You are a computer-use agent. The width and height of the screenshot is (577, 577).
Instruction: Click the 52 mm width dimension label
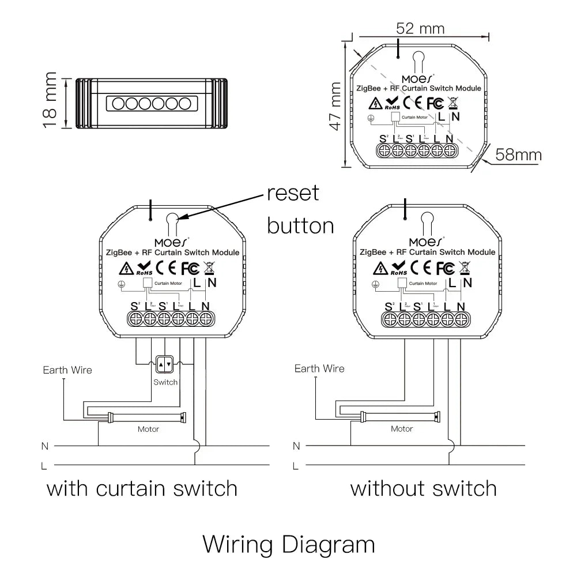click(x=420, y=28)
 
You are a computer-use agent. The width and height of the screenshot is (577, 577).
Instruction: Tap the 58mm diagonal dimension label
click(x=519, y=154)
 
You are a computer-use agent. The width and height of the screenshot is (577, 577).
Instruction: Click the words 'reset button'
click(x=300, y=209)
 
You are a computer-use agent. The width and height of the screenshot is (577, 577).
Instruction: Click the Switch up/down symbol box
click(x=165, y=364)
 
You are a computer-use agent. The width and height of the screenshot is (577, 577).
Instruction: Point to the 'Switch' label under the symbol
click(x=165, y=382)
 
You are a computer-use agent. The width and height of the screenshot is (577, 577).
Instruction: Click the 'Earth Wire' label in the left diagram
click(x=67, y=370)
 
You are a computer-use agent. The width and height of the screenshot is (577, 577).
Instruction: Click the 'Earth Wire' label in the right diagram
click(x=319, y=369)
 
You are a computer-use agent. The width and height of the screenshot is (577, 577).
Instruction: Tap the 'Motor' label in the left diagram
click(x=148, y=429)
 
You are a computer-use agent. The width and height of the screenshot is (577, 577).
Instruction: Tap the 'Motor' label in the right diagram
click(x=402, y=429)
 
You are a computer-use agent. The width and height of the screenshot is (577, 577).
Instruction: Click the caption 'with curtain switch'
click(x=142, y=489)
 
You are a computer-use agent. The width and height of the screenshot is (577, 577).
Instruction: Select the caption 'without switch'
click(x=424, y=489)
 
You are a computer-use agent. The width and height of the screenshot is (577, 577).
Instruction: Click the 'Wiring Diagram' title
click(x=288, y=544)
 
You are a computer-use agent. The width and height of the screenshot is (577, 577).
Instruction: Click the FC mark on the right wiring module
click(x=444, y=268)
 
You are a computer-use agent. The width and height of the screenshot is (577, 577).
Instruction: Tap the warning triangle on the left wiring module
click(x=126, y=269)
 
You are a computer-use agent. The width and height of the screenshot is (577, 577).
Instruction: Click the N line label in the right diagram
click(x=296, y=446)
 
